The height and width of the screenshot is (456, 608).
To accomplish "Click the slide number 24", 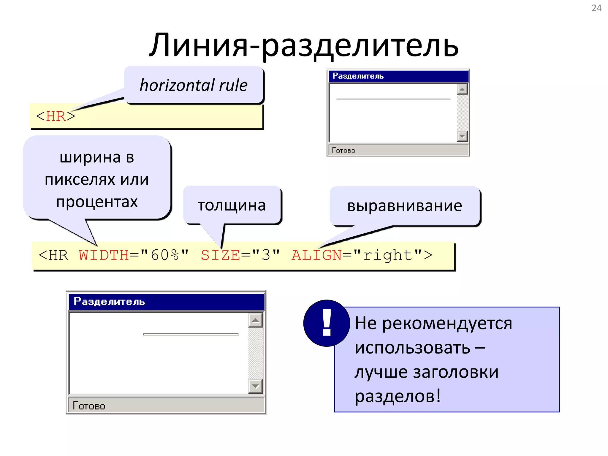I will tap(596, 8).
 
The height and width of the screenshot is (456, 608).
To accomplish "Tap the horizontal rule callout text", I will tap(194, 85).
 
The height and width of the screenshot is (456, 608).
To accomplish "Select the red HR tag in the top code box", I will tap(56, 116).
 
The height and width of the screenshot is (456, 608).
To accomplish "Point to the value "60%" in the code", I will tap(164, 255).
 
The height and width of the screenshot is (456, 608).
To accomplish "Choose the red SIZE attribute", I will tap(220, 255).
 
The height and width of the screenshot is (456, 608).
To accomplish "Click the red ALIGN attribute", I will tap(316, 255).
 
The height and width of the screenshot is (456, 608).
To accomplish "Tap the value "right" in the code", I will tap(388, 255).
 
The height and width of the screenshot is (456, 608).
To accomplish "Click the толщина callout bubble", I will tap(232, 205).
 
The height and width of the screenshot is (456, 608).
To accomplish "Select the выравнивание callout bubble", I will tap(405, 206).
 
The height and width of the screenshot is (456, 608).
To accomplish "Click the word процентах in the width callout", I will tap(97, 202).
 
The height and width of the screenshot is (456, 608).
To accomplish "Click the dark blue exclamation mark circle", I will tap(327, 323).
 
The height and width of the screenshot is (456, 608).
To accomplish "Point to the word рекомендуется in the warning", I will tap(447, 323).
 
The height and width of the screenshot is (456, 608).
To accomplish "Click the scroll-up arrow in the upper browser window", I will tap(462, 89).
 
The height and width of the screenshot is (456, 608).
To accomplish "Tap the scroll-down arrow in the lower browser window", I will tap(255, 386).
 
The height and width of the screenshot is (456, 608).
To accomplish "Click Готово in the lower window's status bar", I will tap(89, 406).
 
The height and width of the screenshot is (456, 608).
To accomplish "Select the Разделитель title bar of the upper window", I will tap(398, 76).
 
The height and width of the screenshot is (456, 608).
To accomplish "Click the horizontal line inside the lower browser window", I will tap(191, 335).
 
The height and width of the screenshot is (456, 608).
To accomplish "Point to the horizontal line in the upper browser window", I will tap(393, 99).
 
